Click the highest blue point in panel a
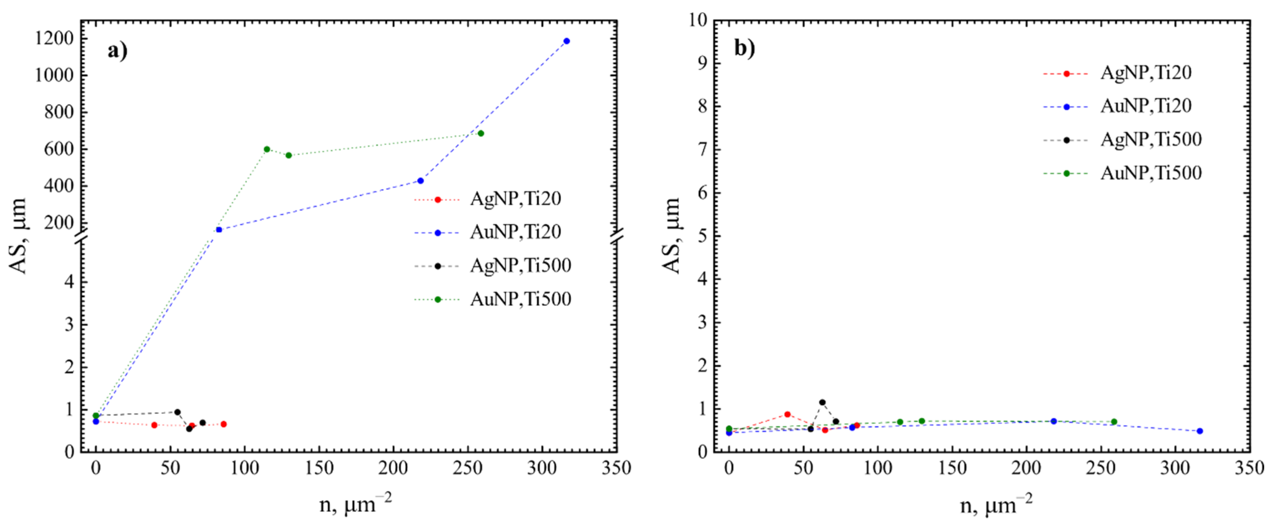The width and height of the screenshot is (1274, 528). (566, 41)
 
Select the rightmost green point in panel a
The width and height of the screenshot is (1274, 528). (480, 133)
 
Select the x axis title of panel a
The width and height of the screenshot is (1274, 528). (355, 505)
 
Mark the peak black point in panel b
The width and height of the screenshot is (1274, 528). (822, 402)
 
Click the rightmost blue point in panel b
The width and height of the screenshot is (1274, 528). (1199, 431)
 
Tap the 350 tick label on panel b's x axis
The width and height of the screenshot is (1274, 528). (1249, 468)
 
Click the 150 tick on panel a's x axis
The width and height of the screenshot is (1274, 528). (319, 468)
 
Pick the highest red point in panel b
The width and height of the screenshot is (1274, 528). (787, 414)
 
